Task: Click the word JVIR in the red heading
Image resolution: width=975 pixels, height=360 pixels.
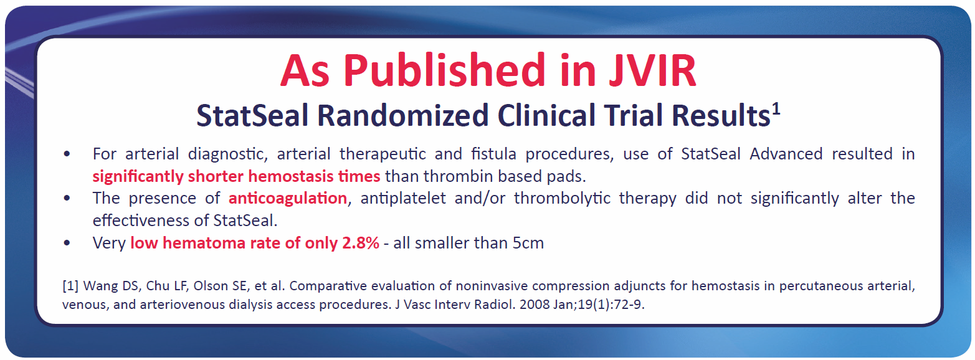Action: click(x=652, y=70)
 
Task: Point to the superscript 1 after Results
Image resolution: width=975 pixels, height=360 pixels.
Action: click(x=776, y=109)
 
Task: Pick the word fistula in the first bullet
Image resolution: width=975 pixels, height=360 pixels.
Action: click(x=493, y=154)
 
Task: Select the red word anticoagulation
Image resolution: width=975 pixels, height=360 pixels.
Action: click(x=288, y=199)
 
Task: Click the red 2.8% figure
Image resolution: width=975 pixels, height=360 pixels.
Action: click(x=361, y=243)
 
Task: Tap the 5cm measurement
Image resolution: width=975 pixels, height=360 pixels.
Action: click(x=528, y=243)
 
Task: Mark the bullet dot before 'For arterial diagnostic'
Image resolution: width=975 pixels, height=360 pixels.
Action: click(x=67, y=154)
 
